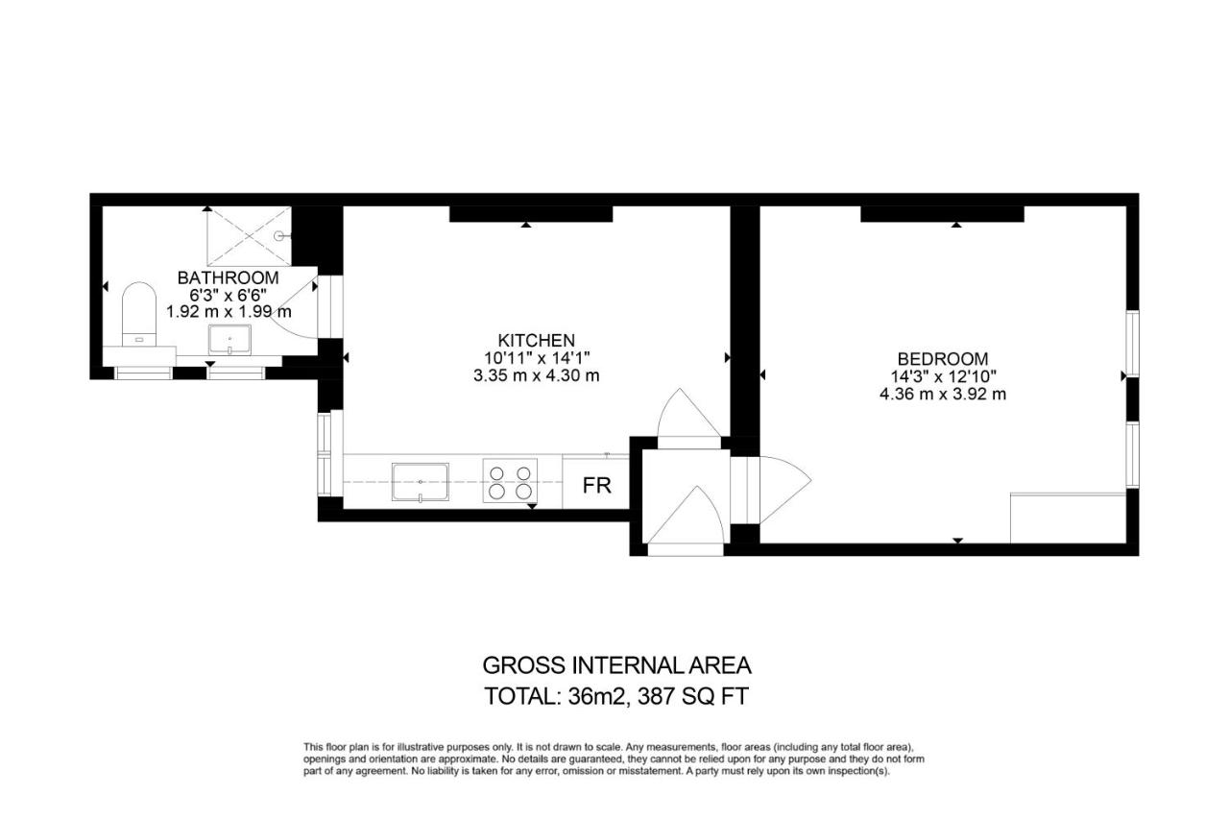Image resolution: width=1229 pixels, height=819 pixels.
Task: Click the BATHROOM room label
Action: point(228,277)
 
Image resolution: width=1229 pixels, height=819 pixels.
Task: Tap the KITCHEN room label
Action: point(536,340)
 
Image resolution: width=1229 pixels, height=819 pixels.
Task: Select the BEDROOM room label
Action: point(943,359)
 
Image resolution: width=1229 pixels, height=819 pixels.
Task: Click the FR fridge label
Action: point(596,486)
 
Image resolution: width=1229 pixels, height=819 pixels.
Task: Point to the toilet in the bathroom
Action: point(139,314)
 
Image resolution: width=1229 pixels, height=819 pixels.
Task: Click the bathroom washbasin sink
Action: point(229,340)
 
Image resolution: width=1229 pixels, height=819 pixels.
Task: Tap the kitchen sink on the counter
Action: point(421,482)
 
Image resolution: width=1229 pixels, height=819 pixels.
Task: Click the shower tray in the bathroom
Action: point(249,236)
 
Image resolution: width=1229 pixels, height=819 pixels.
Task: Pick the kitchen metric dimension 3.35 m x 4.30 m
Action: point(536,375)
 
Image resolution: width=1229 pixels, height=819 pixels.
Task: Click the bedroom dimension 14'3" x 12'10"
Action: point(943,376)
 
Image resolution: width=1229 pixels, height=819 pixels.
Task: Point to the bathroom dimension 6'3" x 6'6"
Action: point(228,295)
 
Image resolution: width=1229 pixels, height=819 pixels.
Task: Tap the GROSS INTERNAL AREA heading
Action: point(616,665)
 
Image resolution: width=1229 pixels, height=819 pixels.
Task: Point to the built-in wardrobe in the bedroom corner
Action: point(1068,518)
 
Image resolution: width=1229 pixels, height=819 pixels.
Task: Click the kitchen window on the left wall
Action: point(325,455)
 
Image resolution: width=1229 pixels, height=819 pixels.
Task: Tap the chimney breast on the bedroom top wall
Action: point(942,214)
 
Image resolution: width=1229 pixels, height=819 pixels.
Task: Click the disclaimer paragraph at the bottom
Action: point(614,759)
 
